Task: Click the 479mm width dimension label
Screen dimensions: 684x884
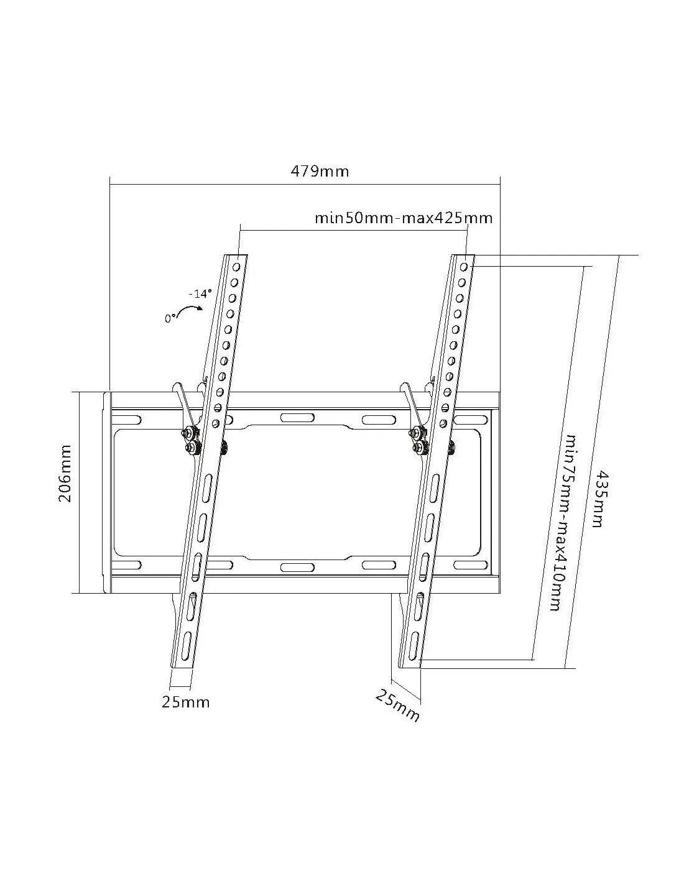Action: (320, 172)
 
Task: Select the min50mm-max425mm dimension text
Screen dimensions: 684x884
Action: (404, 218)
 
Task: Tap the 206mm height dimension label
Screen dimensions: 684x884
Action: (65, 474)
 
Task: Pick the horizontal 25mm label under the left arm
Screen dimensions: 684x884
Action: (185, 702)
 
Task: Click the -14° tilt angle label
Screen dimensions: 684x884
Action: (200, 293)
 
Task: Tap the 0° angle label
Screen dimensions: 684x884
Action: (171, 318)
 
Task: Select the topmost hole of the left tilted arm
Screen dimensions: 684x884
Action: (237, 267)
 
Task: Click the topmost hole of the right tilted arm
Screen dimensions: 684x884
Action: (464, 267)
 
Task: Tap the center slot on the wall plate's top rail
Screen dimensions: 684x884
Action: (297, 418)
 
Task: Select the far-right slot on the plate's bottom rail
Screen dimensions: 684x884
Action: (470, 565)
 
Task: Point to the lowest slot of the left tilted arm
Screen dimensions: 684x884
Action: (185, 643)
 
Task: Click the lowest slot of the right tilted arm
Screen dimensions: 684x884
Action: (413, 643)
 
